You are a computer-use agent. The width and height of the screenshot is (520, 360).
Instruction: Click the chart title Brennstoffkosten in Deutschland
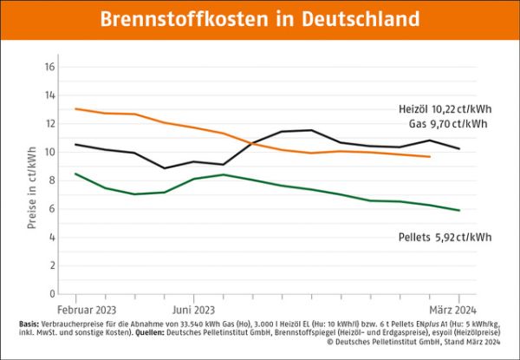(259, 19)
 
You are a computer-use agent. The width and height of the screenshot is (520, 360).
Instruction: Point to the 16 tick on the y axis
(50, 67)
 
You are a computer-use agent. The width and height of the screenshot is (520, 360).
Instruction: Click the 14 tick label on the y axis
(50, 95)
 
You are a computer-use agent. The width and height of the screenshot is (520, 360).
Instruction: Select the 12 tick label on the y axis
(50, 124)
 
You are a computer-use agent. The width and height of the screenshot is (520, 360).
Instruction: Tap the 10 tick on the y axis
(50, 152)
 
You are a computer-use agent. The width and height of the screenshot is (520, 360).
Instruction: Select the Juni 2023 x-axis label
(192, 309)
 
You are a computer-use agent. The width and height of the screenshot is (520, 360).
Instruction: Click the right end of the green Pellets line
(458, 210)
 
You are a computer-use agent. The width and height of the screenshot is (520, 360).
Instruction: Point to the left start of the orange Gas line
(75, 108)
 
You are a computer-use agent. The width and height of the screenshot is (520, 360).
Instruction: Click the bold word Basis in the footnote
(28, 324)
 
